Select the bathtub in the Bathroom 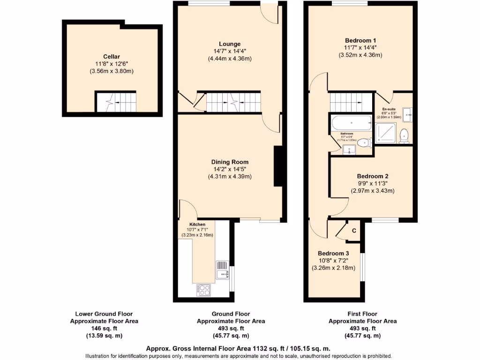[x=351, y=124]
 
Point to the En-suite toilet [x=405, y=136]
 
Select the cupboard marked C [x=354, y=231]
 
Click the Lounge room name [x=230, y=44]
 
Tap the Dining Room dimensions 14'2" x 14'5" [x=230, y=169]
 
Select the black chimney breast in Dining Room [x=278, y=166]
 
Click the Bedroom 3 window [x=361, y=268]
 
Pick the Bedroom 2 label [x=372, y=176]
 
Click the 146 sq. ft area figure [x=104, y=329]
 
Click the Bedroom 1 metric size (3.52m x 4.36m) [x=360, y=55]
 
